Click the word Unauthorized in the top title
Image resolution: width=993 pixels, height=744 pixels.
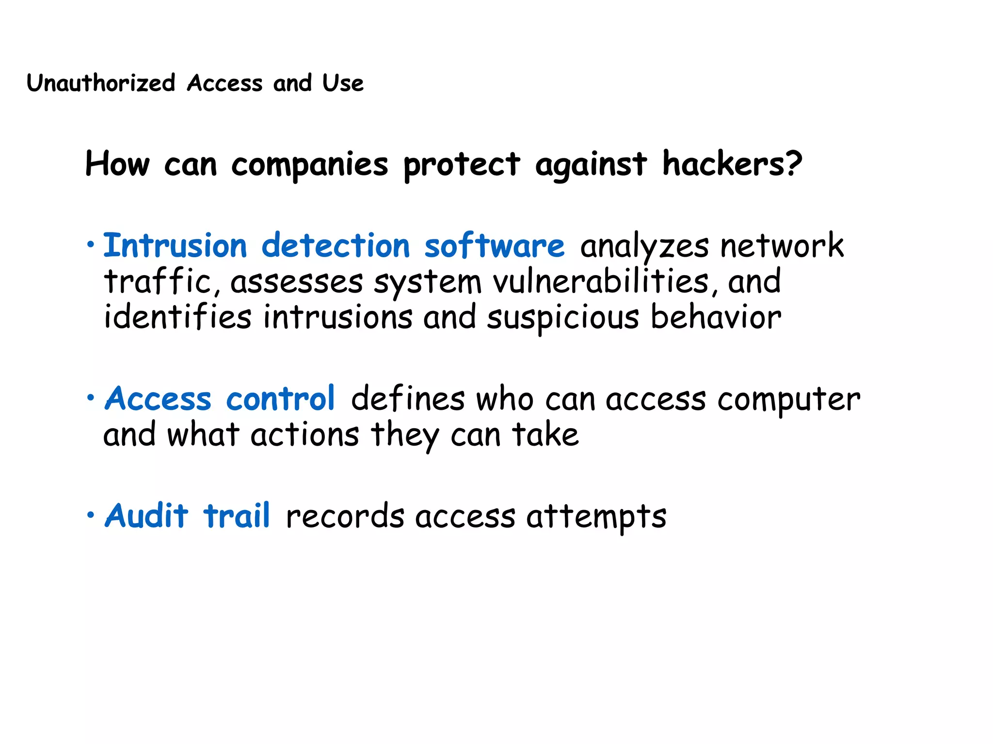pos(101,83)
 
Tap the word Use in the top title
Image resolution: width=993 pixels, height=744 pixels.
pos(343,83)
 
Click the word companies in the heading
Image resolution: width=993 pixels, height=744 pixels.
pos(310,165)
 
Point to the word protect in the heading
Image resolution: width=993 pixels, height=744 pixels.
pos(462,165)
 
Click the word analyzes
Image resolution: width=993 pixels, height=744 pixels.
pos(644,246)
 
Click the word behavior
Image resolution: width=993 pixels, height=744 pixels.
pos(716,317)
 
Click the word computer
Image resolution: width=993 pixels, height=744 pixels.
pos(789,400)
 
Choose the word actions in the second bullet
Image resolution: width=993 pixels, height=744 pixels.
pos(305,434)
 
